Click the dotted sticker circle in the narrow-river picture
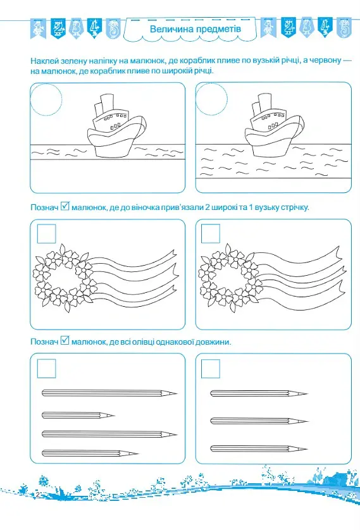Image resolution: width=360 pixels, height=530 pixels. (x=46, y=99)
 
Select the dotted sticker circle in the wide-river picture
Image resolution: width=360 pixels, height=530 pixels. (x=211, y=99)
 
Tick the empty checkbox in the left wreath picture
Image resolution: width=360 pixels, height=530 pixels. (x=46, y=233)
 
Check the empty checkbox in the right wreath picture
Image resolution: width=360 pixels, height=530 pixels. (x=211, y=233)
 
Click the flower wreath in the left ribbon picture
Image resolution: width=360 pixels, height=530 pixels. (x=63, y=278)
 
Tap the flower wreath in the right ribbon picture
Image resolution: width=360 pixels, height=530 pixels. (x=230, y=278)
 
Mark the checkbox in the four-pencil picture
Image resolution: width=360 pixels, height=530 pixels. (x=46, y=369)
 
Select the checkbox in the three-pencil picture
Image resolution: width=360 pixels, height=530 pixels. (x=211, y=369)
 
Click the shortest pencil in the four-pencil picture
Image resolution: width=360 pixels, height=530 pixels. (x=78, y=415)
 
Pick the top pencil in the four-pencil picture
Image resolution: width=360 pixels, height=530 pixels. (x=109, y=393)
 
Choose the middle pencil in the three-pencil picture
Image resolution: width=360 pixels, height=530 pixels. (x=259, y=421)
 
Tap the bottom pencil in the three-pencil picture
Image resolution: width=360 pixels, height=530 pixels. (x=259, y=449)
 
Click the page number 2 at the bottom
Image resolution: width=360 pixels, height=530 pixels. (x=38, y=495)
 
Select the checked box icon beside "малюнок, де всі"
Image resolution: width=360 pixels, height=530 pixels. (x=65, y=340)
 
